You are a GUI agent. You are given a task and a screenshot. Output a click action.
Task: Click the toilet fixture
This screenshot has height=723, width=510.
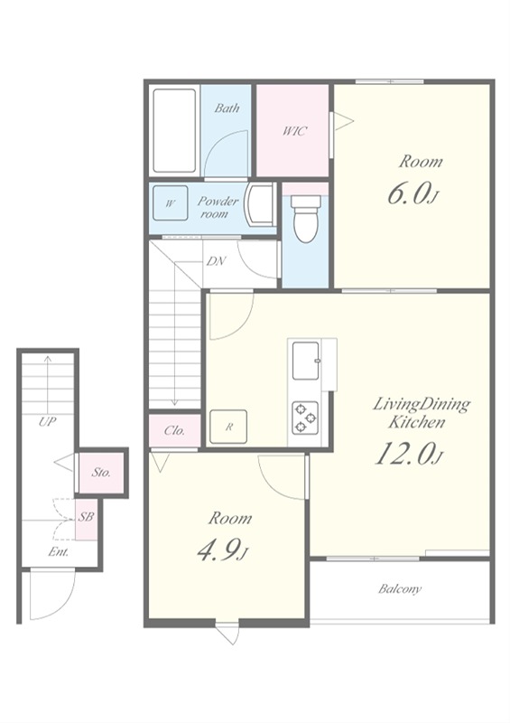click(x=306, y=219)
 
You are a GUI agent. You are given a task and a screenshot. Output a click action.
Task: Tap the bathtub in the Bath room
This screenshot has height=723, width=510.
click(x=174, y=130)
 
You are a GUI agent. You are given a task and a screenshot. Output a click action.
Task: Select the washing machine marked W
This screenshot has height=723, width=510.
click(x=170, y=202)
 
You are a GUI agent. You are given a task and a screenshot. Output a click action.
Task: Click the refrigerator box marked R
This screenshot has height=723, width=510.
click(x=228, y=427)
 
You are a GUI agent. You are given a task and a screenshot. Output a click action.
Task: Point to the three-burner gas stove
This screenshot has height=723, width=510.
click(x=305, y=418)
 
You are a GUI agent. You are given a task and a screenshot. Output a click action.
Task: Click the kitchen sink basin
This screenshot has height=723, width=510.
click(x=306, y=361)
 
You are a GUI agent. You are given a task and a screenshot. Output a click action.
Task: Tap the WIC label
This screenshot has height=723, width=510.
click(x=294, y=131)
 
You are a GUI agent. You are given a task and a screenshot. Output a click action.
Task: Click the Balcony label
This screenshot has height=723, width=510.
click(x=400, y=589)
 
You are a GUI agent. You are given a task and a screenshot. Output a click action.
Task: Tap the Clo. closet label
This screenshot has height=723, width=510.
click(x=174, y=431)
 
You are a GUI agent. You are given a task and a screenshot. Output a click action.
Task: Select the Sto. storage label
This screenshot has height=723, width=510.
click(x=101, y=472)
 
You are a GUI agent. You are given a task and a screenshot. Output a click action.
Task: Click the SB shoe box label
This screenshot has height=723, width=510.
click(x=86, y=517)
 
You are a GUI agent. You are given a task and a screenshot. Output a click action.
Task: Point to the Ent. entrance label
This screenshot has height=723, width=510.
click(x=59, y=552)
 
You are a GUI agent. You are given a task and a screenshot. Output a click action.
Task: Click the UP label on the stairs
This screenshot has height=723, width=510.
click(x=47, y=421)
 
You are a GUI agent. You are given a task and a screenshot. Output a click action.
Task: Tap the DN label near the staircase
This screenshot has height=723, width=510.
click(x=216, y=261)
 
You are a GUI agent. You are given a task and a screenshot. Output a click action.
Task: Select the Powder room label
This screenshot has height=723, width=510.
click(x=218, y=208)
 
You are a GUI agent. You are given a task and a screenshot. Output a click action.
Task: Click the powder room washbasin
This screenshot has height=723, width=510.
click(x=259, y=204)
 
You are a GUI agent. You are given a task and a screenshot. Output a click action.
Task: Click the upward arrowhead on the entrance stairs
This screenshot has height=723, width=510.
click(x=48, y=358)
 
